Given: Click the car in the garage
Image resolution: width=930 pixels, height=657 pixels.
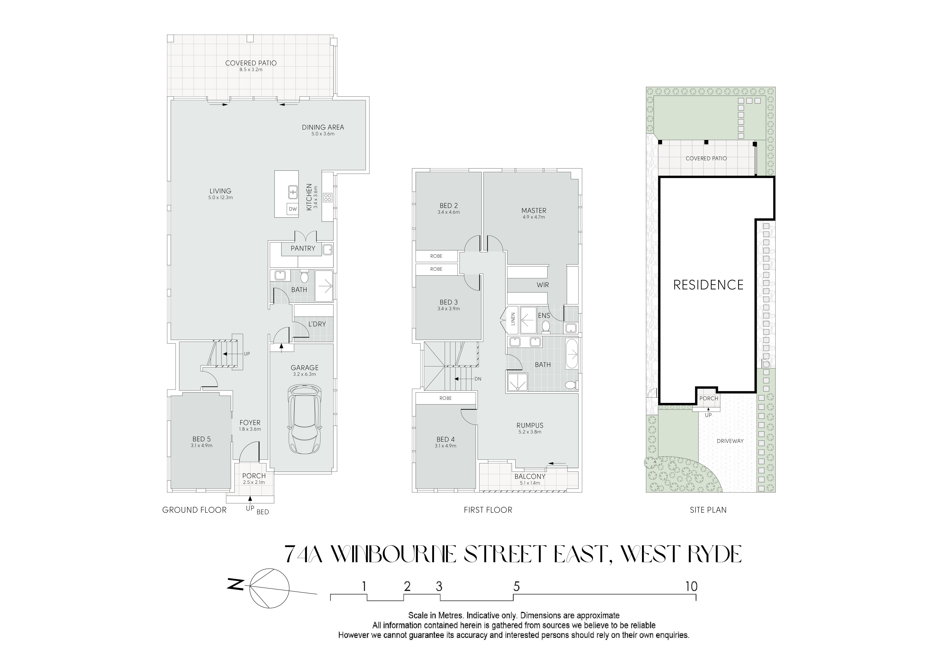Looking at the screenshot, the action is (x=305, y=419).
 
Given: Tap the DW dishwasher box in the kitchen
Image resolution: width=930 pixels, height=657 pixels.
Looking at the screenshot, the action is (x=292, y=209).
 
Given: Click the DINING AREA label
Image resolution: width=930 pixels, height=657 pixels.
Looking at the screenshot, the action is (x=323, y=127).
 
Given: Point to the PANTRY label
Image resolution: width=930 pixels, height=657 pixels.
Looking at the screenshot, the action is (x=302, y=248).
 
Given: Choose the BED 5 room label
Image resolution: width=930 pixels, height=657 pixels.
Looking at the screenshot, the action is (x=201, y=439).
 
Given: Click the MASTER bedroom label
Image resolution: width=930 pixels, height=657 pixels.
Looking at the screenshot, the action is (x=533, y=211).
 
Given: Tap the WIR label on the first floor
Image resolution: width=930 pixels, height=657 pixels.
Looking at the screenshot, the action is (x=543, y=285).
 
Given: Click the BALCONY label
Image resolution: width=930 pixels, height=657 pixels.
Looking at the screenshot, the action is (x=530, y=476).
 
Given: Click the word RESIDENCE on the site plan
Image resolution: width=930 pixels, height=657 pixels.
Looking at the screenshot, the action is (x=708, y=285).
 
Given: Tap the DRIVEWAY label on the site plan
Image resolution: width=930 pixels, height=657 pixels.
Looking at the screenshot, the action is (x=730, y=441).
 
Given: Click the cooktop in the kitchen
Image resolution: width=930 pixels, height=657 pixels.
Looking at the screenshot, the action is (x=327, y=198).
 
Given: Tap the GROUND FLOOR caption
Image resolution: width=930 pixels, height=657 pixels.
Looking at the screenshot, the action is (x=194, y=510).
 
